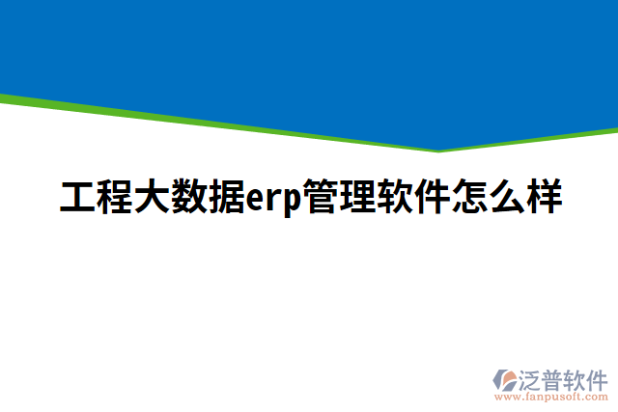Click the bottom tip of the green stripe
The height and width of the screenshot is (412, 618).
(x=439, y=151)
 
